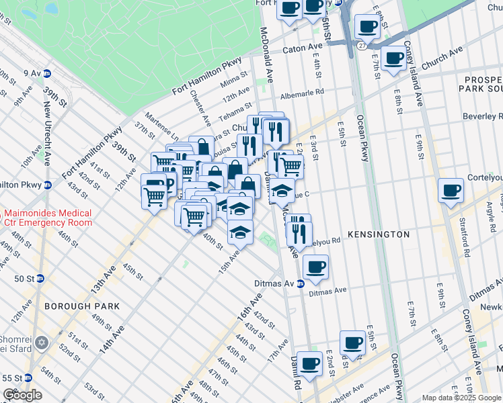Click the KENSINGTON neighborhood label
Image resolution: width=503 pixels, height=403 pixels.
[x=379, y=234]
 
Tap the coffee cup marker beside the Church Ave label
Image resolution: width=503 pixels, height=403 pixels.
[x=393, y=56]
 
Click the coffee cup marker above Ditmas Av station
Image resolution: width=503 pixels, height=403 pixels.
[x=315, y=267]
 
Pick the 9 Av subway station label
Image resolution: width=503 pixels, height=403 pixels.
[x=32, y=73]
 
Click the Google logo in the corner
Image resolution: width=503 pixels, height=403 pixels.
[x=22, y=395]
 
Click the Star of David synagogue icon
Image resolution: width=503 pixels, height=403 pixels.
[x=41, y=343]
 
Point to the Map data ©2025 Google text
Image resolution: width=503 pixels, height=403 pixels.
[x=461, y=398]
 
